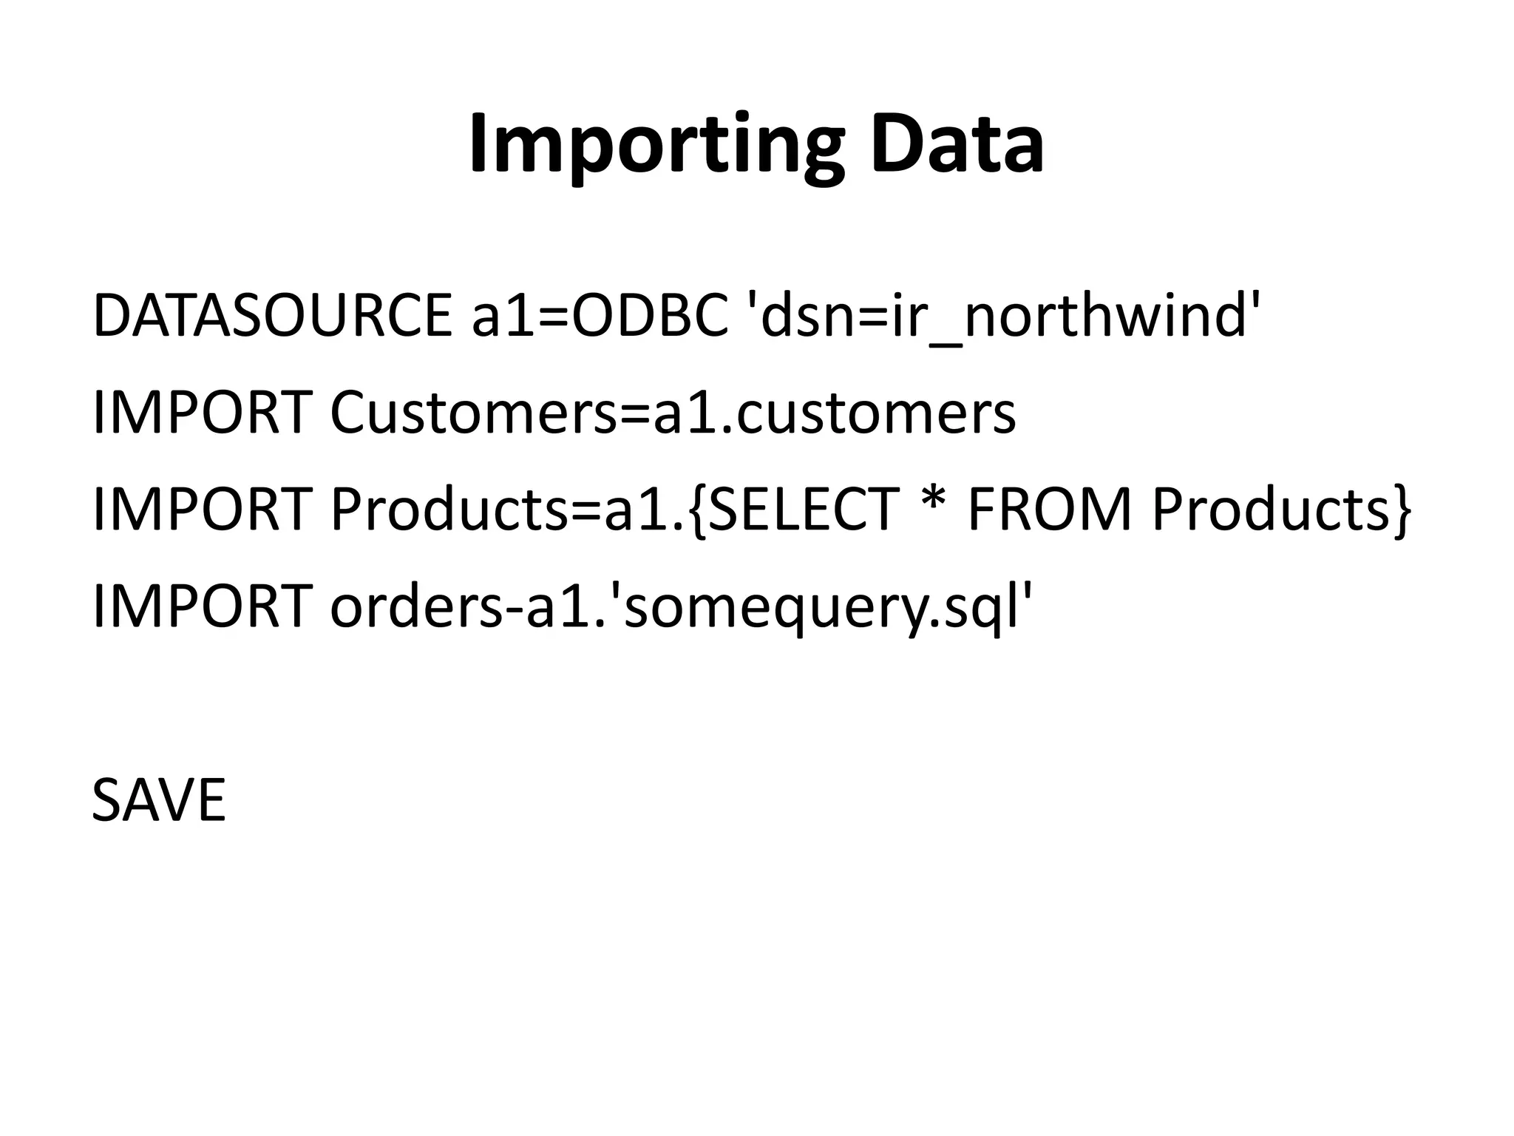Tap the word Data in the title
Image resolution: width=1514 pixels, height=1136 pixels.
pyautogui.click(x=957, y=144)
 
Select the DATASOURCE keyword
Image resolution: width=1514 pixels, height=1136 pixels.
pyautogui.click(x=272, y=316)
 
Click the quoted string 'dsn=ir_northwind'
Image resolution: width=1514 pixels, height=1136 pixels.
pyautogui.click(x=1002, y=316)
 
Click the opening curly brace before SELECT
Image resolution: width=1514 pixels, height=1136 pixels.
pyautogui.click(x=698, y=510)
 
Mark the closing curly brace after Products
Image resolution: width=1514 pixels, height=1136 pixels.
pyautogui.click(x=1402, y=510)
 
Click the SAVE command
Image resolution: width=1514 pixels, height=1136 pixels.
pyautogui.click(x=158, y=800)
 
